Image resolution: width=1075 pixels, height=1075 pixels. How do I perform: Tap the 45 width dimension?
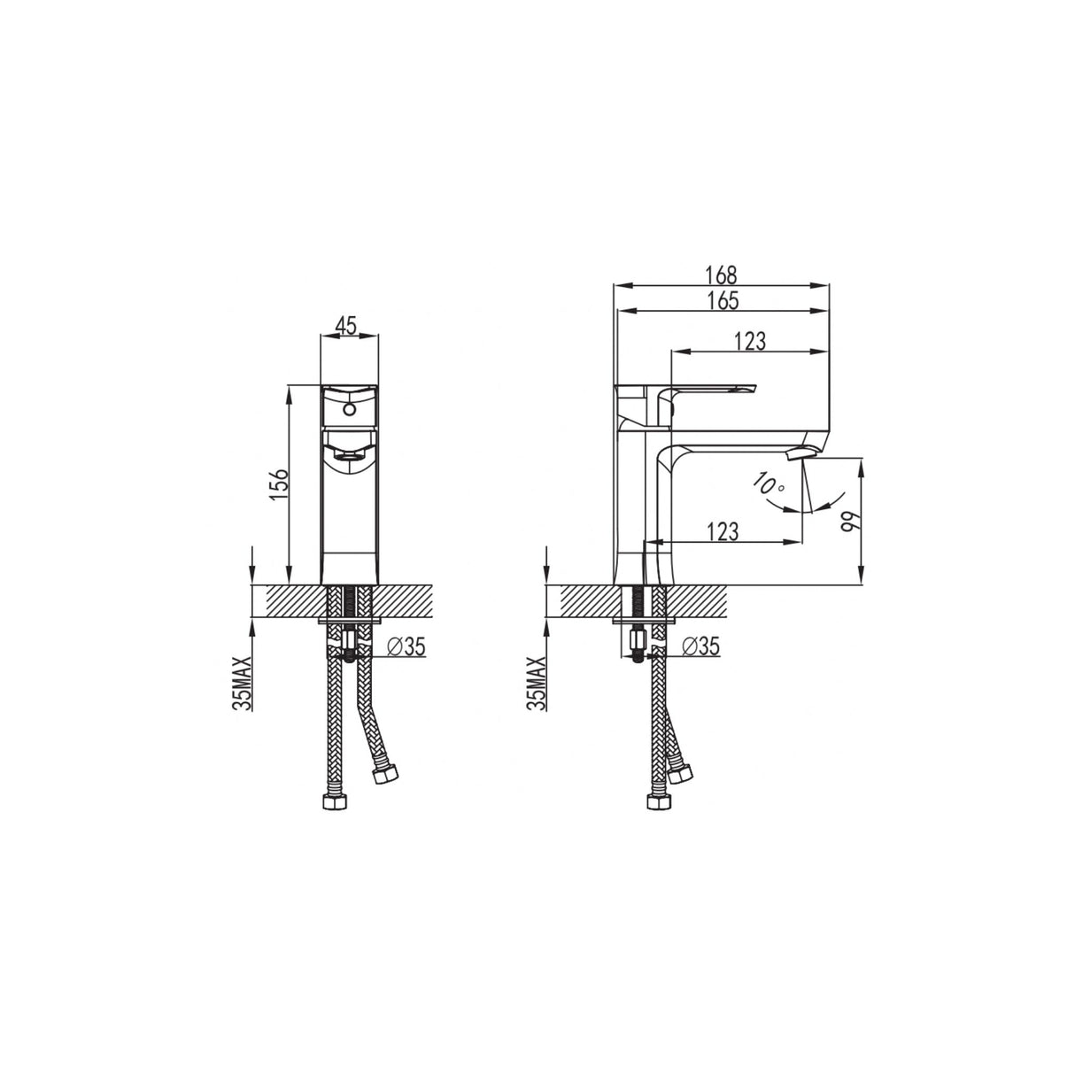point(346,325)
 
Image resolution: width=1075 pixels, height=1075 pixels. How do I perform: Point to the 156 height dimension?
point(279,485)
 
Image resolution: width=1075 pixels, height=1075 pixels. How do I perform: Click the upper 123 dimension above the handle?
point(749,341)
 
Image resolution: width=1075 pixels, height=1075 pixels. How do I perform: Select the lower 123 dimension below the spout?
point(723,531)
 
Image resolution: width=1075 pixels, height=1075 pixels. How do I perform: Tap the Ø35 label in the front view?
point(407,647)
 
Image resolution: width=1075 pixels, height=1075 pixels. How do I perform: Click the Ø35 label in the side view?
point(700,647)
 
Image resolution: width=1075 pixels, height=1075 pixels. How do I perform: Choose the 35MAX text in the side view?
point(536,683)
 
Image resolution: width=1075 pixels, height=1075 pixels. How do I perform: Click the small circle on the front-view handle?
point(348,410)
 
